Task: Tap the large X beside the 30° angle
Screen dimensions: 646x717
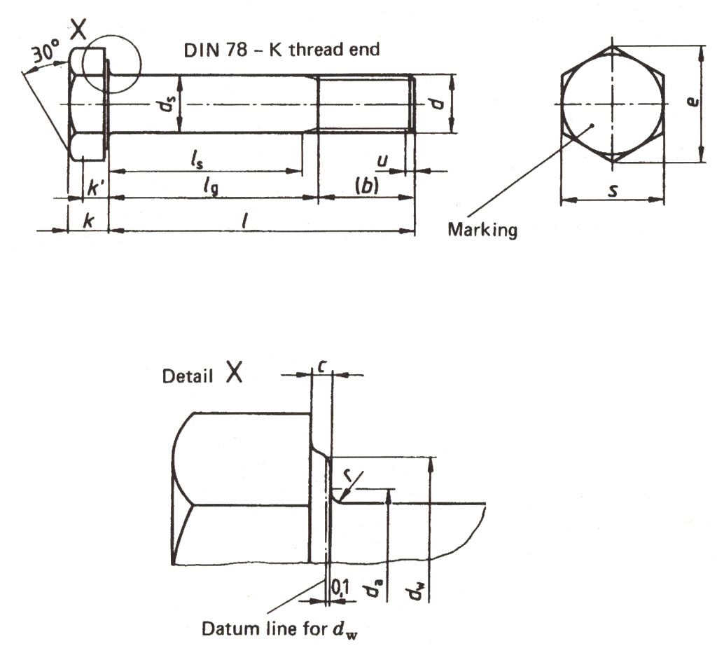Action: pyautogui.click(x=80, y=29)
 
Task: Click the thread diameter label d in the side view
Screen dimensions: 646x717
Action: pyautogui.click(x=437, y=104)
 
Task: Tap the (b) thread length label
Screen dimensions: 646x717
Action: pyautogui.click(x=366, y=187)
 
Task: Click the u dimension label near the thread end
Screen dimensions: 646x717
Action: pyautogui.click(x=382, y=161)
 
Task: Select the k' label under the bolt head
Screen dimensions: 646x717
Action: pyautogui.click(x=96, y=188)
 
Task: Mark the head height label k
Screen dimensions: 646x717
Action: pyautogui.click(x=88, y=221)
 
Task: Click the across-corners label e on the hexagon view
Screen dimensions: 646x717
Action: pyautogui.click(x=692, y=104)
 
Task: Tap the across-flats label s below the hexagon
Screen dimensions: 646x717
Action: pyautogui.click(x=613, y=190)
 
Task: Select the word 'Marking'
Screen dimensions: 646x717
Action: pyautogui.click(x=482, y=230)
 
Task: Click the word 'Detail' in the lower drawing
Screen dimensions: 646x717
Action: pyautogui.click(x=188, y=376)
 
